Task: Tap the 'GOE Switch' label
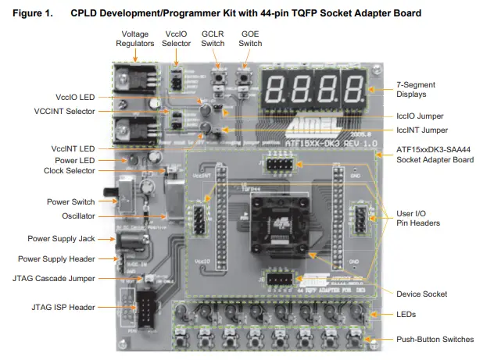point(251,39)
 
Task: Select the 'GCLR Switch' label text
point(214,39)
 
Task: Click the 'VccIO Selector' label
point(177,39)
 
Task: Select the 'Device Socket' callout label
point(421,294)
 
